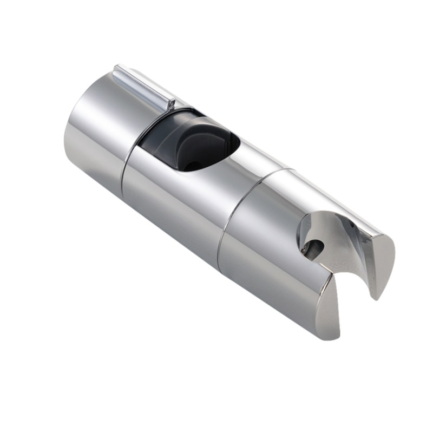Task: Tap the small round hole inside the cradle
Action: pyautogui.click(x=317, y=248)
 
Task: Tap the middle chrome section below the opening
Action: pyautogui.click(x=173, y=206)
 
